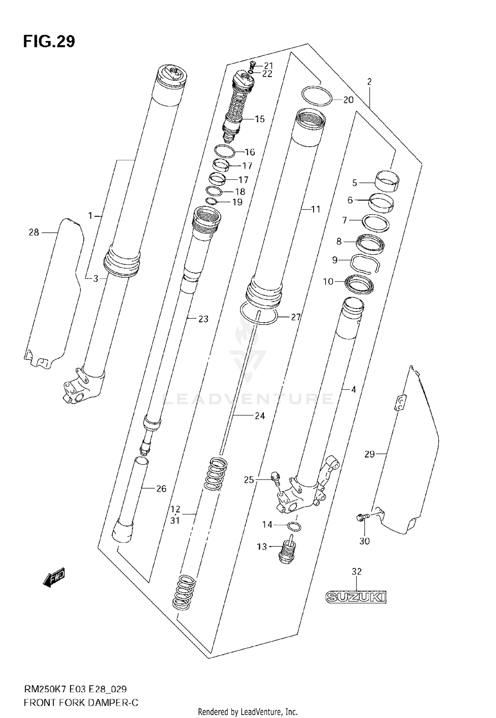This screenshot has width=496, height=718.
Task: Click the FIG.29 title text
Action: coord(49,42)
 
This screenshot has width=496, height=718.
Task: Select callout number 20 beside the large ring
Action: coord(348,100)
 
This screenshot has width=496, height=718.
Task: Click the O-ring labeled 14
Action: coord(294,527)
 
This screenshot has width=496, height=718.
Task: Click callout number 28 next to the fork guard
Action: coord(34,232)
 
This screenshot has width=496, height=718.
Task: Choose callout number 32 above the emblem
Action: coord(356,571)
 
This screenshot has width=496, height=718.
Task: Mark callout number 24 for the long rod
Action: coord(260,416)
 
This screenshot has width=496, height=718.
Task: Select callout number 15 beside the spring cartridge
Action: coord(260,119)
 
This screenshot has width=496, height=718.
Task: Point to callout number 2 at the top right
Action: coord(369,82)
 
